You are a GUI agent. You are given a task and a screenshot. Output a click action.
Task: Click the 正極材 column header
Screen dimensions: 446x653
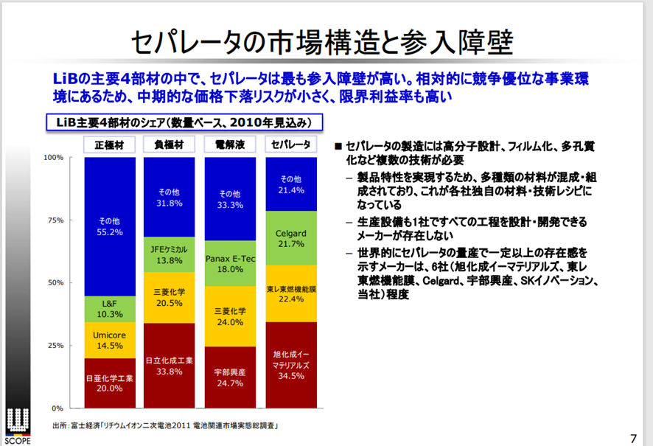tap(110, 144)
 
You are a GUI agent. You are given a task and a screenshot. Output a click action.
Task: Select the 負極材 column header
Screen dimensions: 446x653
tap(170, 144)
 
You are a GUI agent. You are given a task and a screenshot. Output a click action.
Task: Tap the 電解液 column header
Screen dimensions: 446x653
tap(230, 144)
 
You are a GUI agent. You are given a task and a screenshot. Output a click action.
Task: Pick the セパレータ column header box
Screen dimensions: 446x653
tap(290, 144)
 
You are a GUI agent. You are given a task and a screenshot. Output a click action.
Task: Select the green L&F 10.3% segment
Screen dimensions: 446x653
tap(110, 308)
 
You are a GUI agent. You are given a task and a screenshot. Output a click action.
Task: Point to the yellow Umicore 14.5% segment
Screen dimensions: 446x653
tap(110, 340)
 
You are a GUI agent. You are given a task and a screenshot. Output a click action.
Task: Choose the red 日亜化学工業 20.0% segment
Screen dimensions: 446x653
tap(110, 383)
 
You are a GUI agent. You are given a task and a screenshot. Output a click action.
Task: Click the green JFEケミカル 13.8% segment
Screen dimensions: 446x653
tap(170, 254)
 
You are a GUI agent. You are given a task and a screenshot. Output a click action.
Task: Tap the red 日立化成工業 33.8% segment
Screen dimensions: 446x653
tap(170, 366)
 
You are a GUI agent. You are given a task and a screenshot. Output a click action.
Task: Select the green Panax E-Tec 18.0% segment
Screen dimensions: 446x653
tap(230, 264)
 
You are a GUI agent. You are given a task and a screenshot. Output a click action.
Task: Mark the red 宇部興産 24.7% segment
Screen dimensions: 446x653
tap(230, 377)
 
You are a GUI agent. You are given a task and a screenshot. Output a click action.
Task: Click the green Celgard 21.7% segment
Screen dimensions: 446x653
tap(290, 238)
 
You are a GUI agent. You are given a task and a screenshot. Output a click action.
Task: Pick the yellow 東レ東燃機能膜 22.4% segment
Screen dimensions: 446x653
tap(290, 293)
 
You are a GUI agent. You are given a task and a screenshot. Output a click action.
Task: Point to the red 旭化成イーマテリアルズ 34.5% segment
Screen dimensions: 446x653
tap(290, 365)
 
